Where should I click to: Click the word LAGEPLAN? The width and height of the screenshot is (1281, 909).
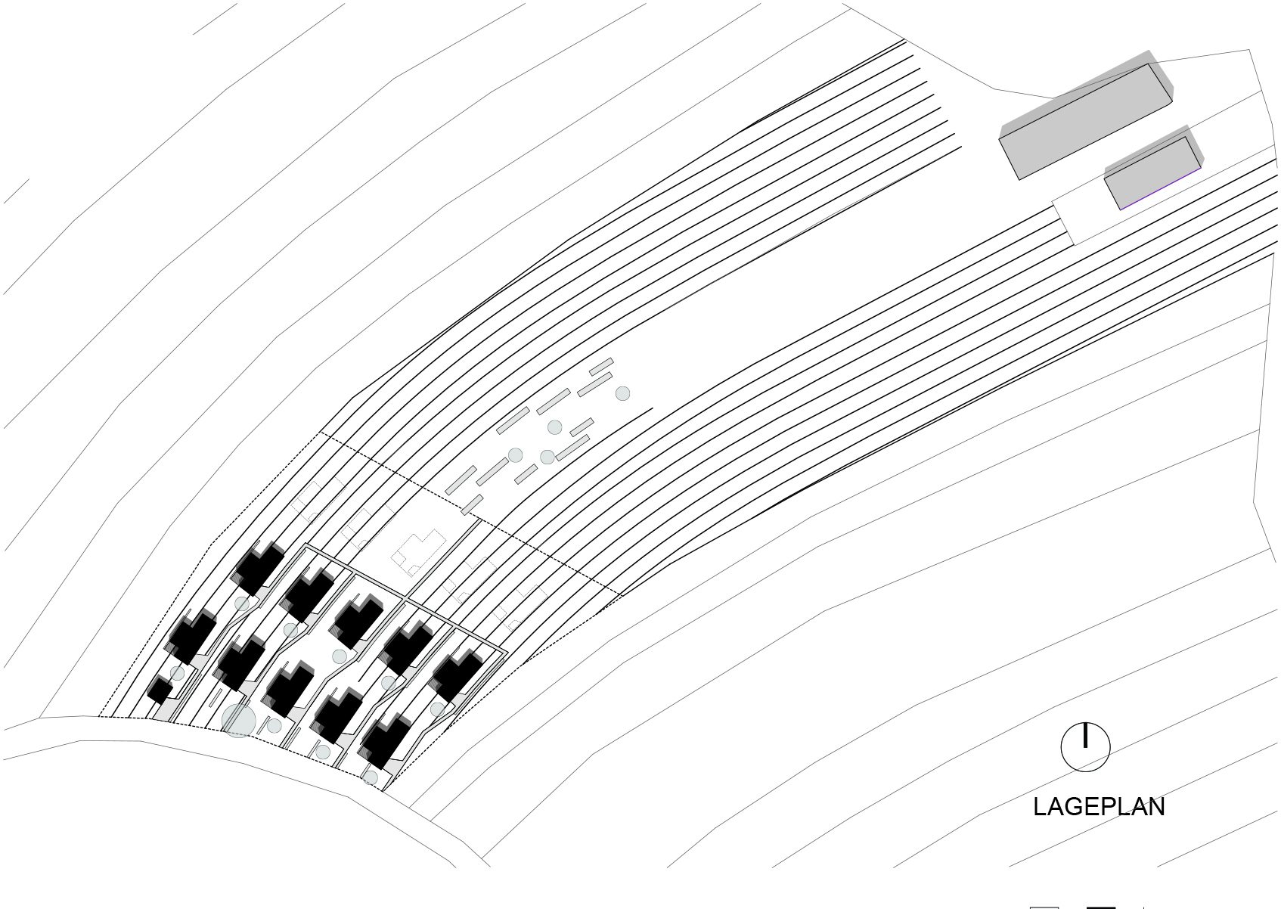click(x=1099, y=807)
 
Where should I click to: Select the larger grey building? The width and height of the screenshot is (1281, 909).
click(x=1085, y=121)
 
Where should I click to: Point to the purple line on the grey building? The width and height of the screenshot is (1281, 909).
click(x=1160, y=189)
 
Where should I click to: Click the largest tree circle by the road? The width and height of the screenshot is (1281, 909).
click(x=238, y=721)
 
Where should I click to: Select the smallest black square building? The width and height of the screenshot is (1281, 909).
click(x=160, y=690)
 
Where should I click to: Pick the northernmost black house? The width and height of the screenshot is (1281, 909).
click(x=259, y=569)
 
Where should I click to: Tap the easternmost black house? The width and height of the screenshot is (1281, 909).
click(x=457, y=675)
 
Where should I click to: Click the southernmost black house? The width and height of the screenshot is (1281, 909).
click(x=386, y=742)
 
